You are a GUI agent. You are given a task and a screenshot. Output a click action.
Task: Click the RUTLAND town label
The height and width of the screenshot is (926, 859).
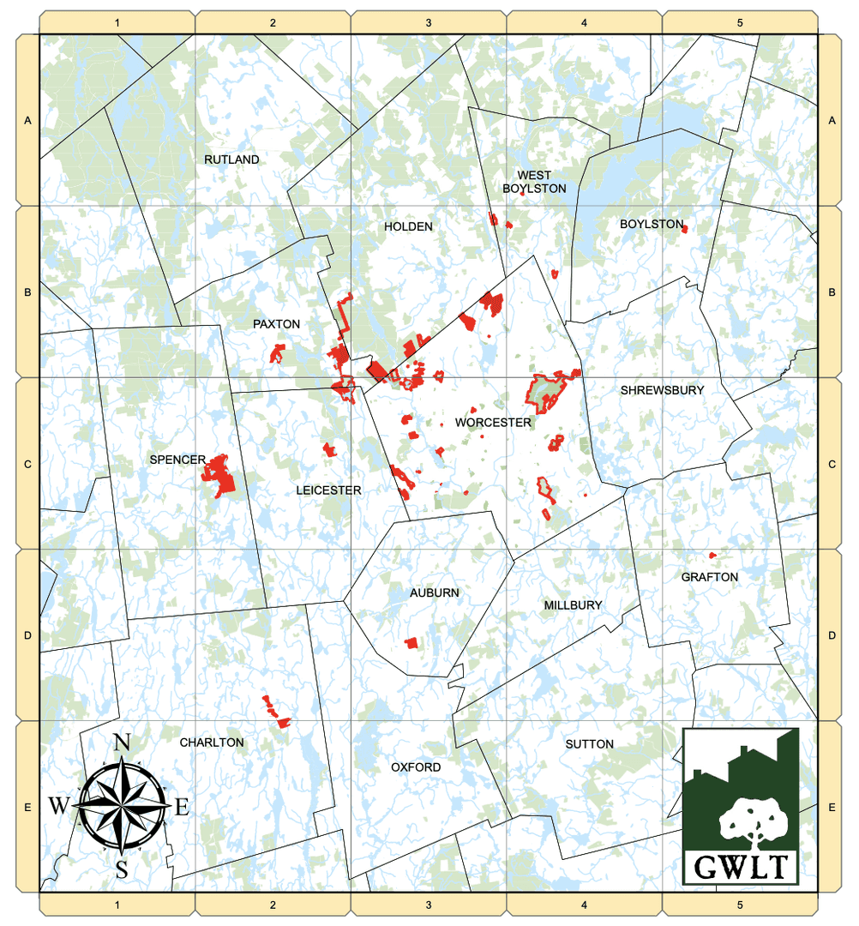231,159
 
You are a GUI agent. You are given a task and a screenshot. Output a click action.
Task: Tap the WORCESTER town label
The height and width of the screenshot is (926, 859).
494,423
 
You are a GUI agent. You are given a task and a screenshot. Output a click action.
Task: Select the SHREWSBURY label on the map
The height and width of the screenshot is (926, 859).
662,390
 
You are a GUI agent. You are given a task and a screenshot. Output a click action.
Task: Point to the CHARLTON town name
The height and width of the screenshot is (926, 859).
212,743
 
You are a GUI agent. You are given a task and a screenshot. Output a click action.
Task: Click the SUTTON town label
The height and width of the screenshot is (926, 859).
589,744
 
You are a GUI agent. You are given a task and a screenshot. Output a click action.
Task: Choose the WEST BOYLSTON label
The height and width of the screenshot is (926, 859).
534,182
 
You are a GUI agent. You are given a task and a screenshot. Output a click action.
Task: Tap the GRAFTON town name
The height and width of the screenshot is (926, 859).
709,577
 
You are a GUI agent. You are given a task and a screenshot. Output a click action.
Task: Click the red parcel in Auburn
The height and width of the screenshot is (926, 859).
412,642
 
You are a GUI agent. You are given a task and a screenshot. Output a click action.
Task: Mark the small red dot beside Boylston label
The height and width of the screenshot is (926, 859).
684,228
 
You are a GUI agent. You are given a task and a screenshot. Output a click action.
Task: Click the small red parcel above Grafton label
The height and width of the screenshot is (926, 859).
712,555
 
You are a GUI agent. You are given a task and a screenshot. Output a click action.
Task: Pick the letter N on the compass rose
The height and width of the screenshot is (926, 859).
123,743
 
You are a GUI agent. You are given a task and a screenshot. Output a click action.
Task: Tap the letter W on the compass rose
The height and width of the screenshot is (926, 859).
60,805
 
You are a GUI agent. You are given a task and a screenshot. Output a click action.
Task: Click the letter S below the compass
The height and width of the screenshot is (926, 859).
123,869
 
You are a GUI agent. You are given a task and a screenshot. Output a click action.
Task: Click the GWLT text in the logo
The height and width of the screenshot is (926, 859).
741,867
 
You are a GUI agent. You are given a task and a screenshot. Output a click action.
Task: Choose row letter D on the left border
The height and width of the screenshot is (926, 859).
27,635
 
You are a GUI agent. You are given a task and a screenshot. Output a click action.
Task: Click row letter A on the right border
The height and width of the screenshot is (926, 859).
831,121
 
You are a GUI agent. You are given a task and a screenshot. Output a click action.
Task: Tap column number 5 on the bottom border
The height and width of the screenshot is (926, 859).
740,905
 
